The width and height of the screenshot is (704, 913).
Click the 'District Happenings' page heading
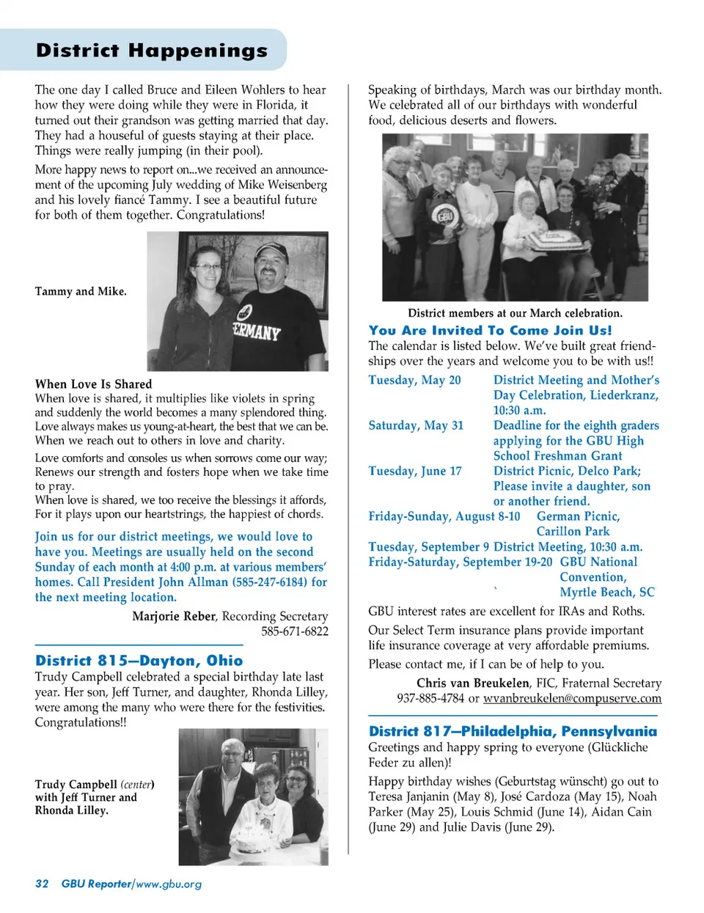[152, 51]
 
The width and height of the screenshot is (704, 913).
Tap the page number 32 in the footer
[42, 884]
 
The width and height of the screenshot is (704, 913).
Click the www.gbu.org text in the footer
[169, 884]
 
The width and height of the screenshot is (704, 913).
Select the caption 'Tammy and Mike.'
[81, 291]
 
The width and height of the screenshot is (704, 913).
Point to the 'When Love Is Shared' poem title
[94, 384]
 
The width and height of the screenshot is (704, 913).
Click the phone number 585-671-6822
[295, 631]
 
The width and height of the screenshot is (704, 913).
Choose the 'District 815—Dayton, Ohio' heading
[139, 660]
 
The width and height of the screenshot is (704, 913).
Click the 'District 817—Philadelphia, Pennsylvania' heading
[513, 731]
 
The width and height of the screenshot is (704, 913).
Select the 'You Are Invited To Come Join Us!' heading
[490, 330]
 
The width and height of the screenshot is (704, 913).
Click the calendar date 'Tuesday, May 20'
[414, 380]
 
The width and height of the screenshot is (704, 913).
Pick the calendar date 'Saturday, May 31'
[416, 425]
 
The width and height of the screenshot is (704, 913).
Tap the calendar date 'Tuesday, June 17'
[415, 471]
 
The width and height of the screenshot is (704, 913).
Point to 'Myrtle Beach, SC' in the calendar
[607, 592]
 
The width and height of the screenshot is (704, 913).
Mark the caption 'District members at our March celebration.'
[515, 313]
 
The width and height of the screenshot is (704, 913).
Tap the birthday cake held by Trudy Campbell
[252, 838]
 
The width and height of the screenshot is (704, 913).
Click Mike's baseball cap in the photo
[271, 253]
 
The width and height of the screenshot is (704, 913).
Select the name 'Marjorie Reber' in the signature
[174, 616]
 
